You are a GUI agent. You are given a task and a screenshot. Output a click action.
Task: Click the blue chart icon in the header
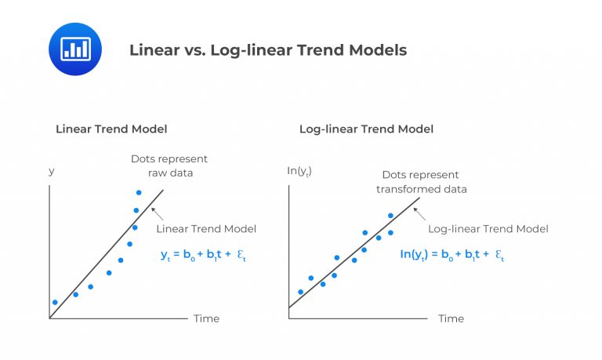(75, 49)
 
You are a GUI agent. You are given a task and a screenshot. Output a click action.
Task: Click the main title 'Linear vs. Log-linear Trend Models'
(267, 50)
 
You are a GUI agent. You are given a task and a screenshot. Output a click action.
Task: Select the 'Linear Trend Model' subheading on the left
(111, 129)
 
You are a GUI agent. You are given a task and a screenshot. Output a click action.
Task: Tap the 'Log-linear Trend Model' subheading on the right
(366, 129)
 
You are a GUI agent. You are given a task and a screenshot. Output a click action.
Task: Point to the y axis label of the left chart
(52, 170)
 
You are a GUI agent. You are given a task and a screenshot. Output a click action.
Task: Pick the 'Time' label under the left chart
(206, 318)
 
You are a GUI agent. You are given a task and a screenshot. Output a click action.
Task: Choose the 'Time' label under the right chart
(451, 318)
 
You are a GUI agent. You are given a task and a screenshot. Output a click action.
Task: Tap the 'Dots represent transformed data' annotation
(421, 182)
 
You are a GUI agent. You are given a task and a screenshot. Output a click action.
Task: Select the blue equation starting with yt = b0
(204, 255)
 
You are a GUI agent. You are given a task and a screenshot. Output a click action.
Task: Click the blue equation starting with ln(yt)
(451, 255)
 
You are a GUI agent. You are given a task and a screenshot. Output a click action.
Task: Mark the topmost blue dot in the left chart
(139, 192)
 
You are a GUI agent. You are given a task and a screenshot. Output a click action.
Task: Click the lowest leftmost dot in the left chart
(55, 302)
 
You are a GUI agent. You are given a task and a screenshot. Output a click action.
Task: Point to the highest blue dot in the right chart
(390, 216)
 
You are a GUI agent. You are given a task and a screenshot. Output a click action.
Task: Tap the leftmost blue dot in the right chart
(300, 292)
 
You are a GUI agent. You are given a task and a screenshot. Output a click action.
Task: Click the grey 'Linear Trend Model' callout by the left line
(206, 229)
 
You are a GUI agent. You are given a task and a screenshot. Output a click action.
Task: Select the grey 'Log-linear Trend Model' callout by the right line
(488, 229)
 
